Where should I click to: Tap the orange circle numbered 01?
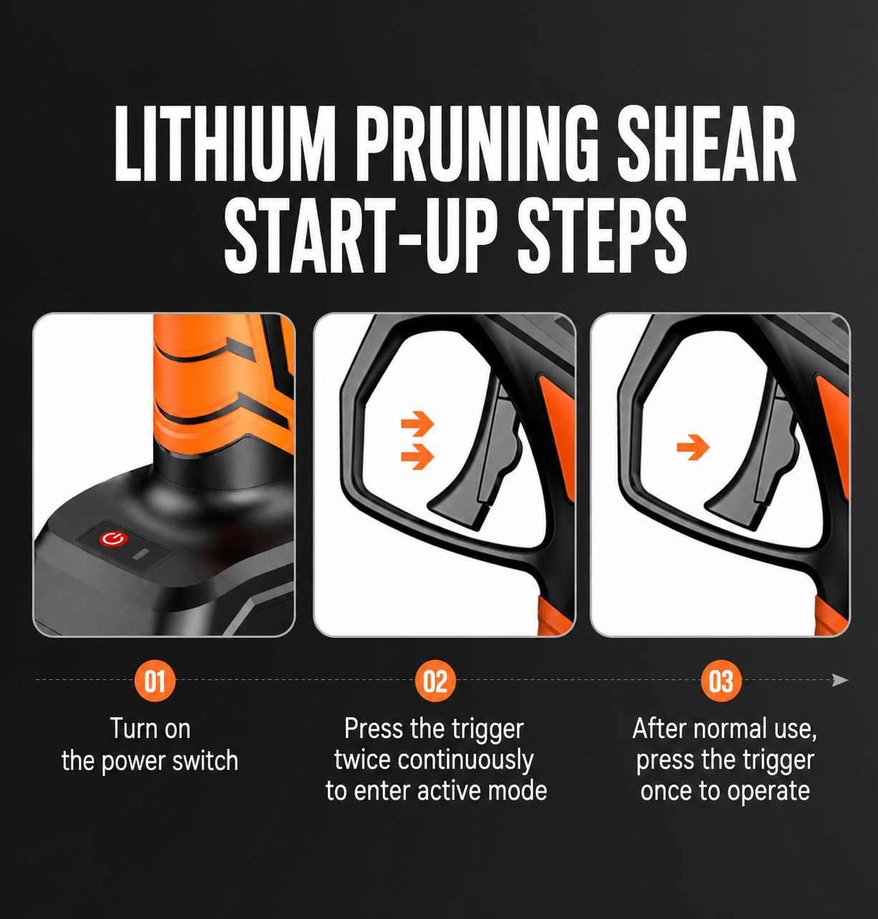[x=155, y=680]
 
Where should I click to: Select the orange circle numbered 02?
[x=435, y=680]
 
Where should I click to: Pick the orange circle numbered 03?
[x=721, y=680]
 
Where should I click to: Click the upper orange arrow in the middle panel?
[x=418, y=423]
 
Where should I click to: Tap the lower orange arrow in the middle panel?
[x=418, y=456]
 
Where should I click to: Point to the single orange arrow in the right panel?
[x=693, y=447]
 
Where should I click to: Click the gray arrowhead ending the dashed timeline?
[x=840, y=680]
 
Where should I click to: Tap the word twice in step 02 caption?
[x=362, y=760]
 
